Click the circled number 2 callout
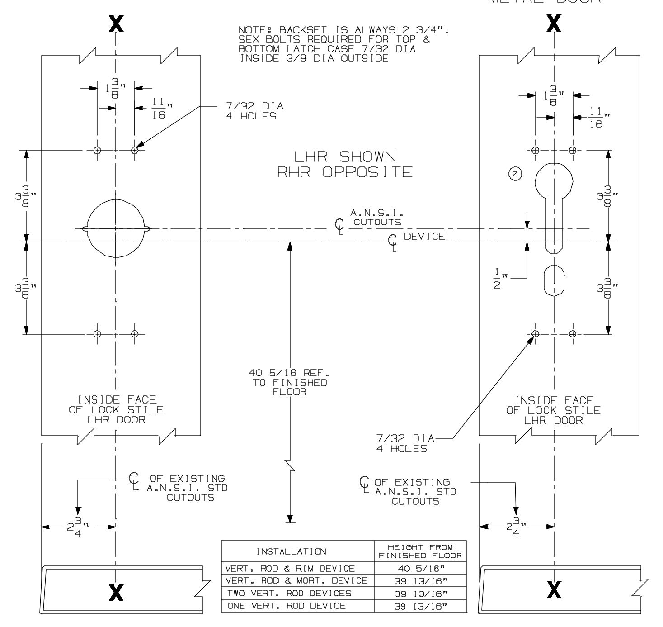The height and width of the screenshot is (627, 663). tap(515, 173)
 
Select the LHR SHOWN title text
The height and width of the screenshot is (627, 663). tap(345, 157)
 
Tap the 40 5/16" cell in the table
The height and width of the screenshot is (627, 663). tap(420, 569)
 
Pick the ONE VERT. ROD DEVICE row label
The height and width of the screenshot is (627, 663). tap(286, 606)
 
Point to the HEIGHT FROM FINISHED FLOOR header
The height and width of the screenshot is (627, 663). tap(420, 551)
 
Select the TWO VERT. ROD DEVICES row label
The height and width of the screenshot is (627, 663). tap(289, 593)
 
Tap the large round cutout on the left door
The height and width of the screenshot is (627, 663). tap(116, 228)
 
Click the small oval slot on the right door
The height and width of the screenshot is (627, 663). tap(554, 280)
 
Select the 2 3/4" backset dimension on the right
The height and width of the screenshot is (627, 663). tap(515, 527)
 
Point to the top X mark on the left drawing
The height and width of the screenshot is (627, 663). tap(117, 24)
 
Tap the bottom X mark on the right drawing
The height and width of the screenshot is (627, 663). tap(554, 589)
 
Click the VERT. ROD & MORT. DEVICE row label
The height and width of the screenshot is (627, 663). tap(296, 581)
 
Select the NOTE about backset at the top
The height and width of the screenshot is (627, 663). tap(346, 44)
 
